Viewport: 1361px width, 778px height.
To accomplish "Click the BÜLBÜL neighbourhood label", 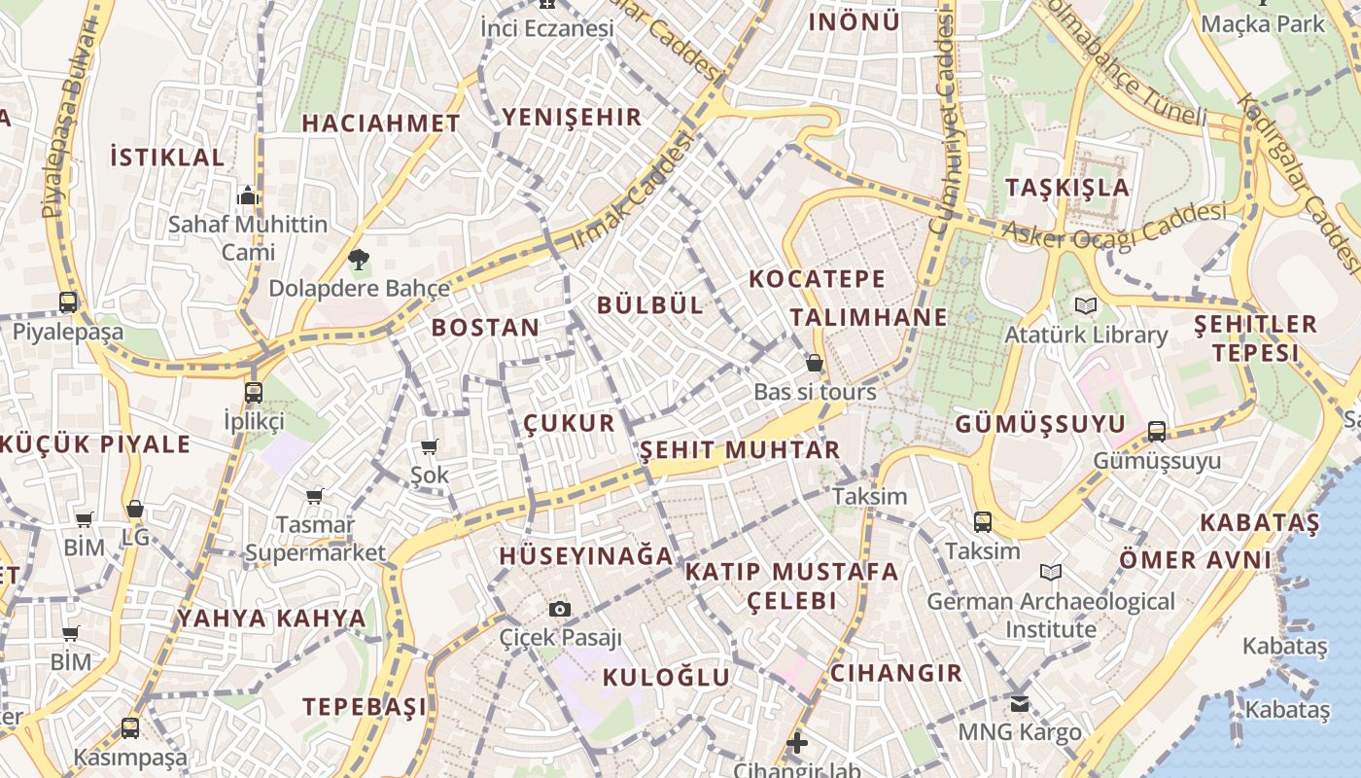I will (x=650, y=304).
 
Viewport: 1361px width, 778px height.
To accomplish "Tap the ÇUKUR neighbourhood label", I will (x=570, y=423).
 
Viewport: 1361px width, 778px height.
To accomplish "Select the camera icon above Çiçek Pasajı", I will (x=559, y=609).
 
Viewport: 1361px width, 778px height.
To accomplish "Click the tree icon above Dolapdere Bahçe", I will (x=359, y=259).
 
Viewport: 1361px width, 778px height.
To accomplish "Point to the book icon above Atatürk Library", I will (x=1086, y=305).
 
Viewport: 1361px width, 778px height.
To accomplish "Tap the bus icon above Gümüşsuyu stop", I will (x=1157, y=431).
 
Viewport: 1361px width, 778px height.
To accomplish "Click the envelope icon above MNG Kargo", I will (x=1019, y=703).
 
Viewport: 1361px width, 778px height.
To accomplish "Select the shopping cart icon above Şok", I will (x=429, y=446).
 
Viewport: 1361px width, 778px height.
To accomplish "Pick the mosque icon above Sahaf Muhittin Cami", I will (x=247, y=195).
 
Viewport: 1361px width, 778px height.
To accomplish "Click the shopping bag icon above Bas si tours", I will (x=815, y=363).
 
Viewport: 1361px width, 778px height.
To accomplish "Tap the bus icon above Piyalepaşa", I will (x=68, y=301).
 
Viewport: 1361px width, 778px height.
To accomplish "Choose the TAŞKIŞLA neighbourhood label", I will (x=1067, y=188).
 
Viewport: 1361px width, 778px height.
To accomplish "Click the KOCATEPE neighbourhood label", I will (x=818, y=279).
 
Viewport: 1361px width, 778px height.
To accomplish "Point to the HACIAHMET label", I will (x=381, y=124).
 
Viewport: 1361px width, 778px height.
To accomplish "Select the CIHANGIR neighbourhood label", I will (x=895, y=673).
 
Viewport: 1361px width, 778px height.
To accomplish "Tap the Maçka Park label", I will (x=1263, y=23).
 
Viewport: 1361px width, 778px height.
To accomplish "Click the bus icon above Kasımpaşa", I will (x=129, y=727).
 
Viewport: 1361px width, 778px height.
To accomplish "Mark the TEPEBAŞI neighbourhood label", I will (x=365, y=707).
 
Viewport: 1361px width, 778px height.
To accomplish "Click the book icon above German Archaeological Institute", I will (x=1050, y=572).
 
